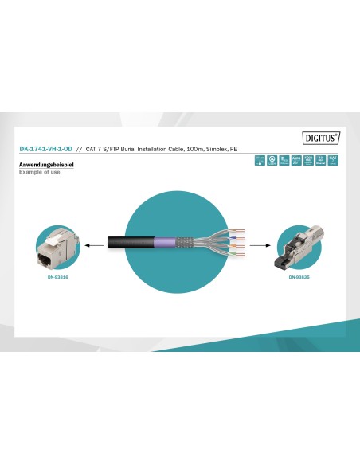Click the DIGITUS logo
[x=323, y=137]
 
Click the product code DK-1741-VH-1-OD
[x=47, y=149]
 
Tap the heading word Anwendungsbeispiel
[x=41, y=165]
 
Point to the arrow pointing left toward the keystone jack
[x=96, y=246]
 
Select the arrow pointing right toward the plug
[x=259, y=246]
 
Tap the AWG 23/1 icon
[x=296, y=161]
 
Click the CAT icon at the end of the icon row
[x=334, y=161]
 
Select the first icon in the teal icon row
[x=260, y=161]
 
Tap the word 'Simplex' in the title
[x=213, y=149]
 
